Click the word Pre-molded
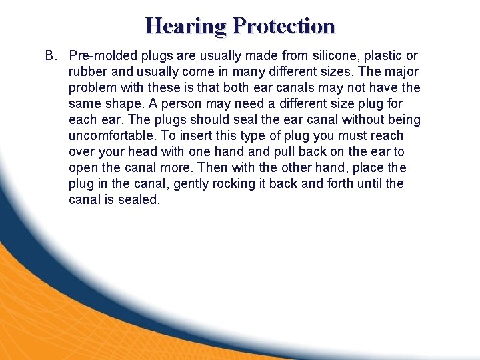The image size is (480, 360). click(102, 56)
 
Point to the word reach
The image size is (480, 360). click(388, 136)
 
